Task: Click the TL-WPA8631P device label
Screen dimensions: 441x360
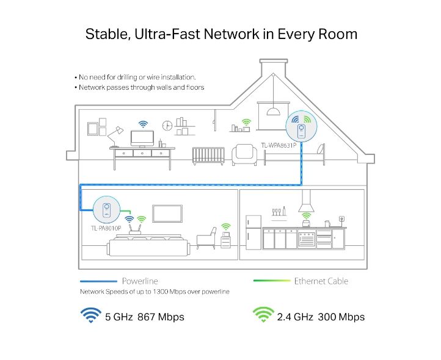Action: tap(279, 145)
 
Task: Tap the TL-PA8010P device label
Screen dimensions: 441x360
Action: tap(106, 228)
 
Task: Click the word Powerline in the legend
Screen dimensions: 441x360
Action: tap(140, 281)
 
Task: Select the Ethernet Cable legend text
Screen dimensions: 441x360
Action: tap(321, 281)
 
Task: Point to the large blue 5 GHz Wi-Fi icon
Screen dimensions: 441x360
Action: tap(91, 315)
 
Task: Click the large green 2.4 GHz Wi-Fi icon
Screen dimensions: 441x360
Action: tap(263, 315)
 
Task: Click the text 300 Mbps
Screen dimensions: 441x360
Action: tap(341, 317)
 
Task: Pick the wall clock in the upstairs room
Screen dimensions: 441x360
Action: tap(167, 125)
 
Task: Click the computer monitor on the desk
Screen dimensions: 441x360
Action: tap(142, 139)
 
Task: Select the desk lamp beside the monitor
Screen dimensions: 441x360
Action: tap(115, 137)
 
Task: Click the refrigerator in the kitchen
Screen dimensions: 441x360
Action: tap(253, 232)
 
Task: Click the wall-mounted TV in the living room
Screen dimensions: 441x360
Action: tap(167, 214)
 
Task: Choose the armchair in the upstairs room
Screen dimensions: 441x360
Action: tap(244, 154)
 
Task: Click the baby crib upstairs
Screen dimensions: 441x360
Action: tap(208, 156)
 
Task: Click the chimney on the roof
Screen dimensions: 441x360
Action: tap(274, 68)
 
